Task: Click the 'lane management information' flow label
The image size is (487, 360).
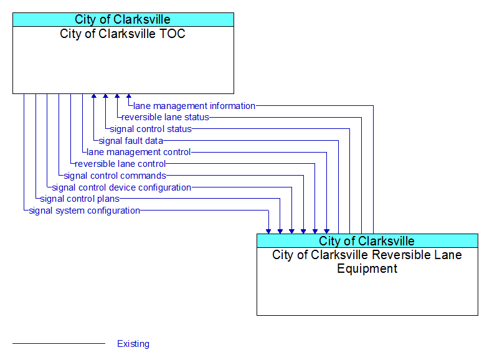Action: click(194, 106)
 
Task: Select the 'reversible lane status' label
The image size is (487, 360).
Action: click(165, 117)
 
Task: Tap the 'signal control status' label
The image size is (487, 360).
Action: click(151, 129)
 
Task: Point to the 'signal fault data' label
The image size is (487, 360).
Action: click(131, 141)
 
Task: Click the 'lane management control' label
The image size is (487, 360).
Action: click(138, 152)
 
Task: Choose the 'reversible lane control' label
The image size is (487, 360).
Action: click(120, 164)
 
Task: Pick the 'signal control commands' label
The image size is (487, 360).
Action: click(115, 176)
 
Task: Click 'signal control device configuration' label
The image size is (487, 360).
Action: click(121, 187)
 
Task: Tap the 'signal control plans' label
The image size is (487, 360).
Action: click(80, 199)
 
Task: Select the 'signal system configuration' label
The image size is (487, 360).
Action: click(85, 211)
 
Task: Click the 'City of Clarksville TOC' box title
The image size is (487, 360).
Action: click(123, 34)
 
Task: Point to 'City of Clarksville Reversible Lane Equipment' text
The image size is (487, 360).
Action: click(367, 262)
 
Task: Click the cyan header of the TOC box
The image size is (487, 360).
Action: click(123, 19)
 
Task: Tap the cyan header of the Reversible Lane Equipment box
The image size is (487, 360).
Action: click(367, 240)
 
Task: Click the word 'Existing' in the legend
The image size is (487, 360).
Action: click(133, 344)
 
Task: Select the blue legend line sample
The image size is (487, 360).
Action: click(59, 343)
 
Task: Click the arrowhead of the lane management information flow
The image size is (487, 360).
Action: click(129, 96)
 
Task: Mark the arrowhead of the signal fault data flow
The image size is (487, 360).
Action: click(94, 96)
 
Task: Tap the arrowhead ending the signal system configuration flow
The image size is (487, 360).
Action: click(268, 232)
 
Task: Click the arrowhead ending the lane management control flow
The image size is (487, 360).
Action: click(327, 232)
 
